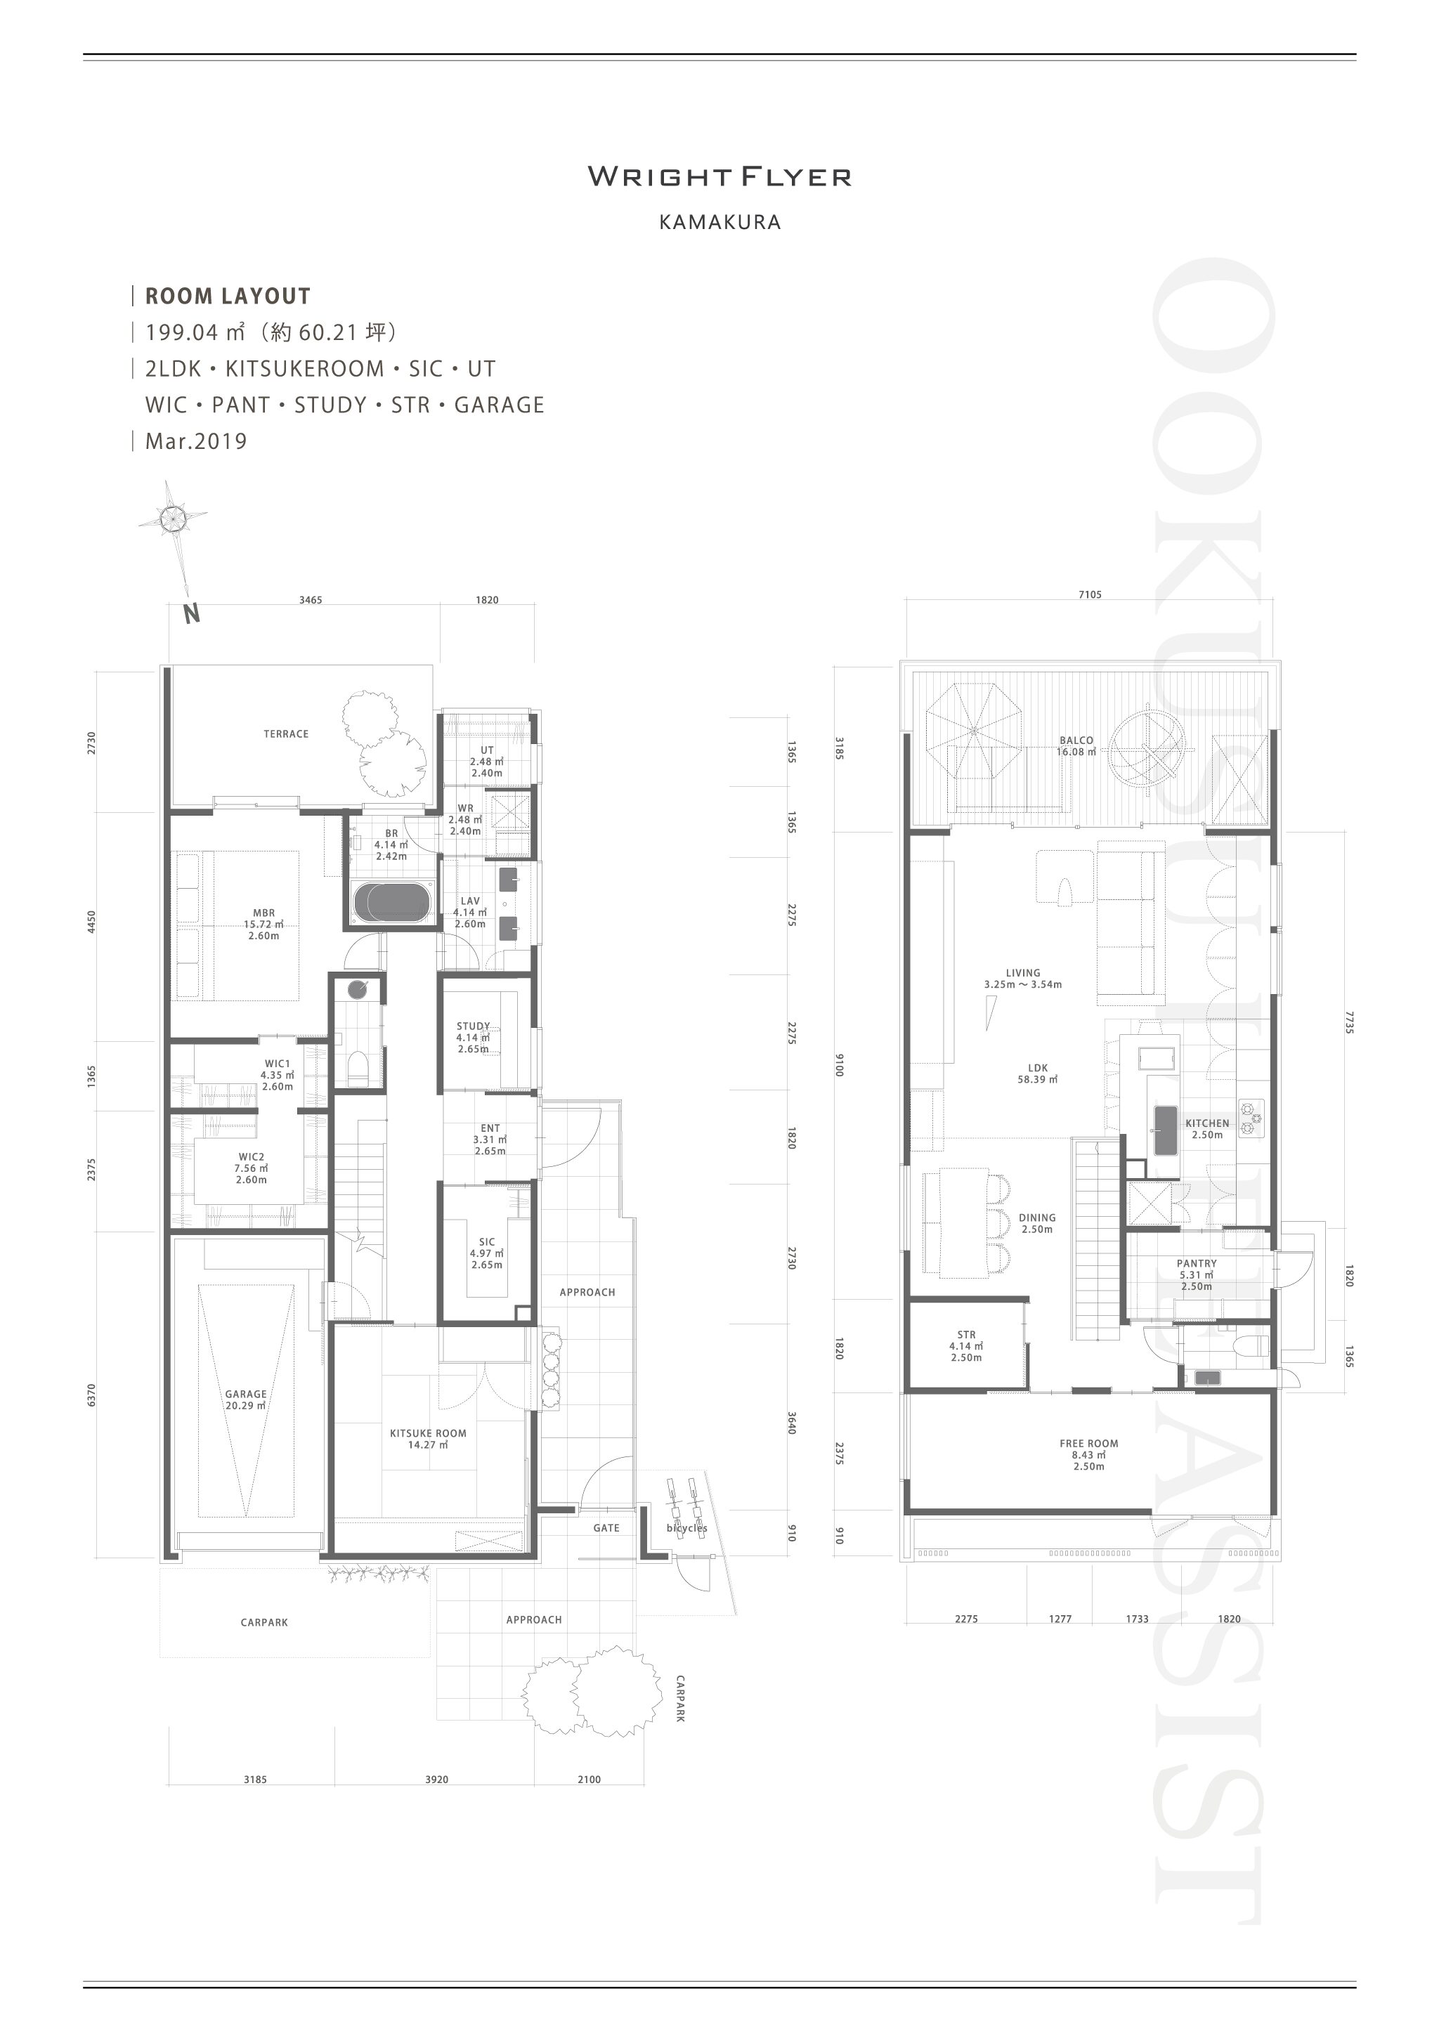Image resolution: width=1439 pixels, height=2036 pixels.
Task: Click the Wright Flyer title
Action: (x=719, y=176)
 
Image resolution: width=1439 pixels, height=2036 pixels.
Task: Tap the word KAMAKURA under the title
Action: (x=720, y=223)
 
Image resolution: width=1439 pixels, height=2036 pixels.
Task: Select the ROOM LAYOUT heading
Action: (x=228, y=296)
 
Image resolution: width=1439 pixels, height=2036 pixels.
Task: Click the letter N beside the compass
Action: (x=192, y=613)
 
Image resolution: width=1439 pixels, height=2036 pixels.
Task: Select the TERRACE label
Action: (x=285, y=734)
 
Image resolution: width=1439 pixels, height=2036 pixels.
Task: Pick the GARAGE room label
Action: (x=246, y=1394)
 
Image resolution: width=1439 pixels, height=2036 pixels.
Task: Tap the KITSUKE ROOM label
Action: (x=427, y=1433)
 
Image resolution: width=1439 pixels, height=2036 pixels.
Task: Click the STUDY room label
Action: (x=474, y=1026)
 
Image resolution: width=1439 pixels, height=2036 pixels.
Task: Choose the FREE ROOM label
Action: (x=1089, y=1444)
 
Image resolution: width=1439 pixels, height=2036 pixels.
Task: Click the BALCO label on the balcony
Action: (x=1076, y=740)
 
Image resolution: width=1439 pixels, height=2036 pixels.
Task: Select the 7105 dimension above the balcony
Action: (x=1090, y=595)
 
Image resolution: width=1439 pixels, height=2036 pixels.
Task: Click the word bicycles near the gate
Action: (x=687, y=1528)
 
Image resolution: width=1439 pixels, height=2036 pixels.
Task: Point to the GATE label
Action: (x=606, y=1528)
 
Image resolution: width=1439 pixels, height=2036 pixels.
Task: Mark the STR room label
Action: (x=966, y=1335)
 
